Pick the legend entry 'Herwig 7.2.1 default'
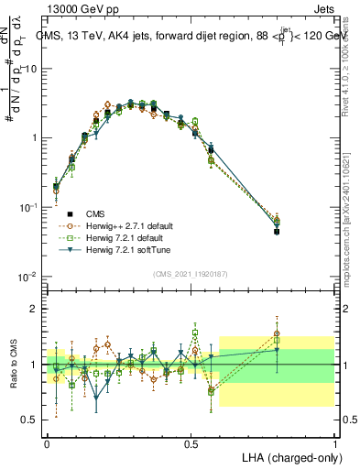tap(117, 237)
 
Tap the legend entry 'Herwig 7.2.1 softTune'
tap(119, 249)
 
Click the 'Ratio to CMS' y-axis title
tap(12, 364)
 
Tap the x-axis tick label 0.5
tap(191, 442)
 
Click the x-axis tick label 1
tap(335, 442)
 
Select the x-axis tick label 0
tap(47, 442)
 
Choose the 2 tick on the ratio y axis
tap(35, 309)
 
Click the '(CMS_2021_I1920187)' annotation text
tap(190, 273)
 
